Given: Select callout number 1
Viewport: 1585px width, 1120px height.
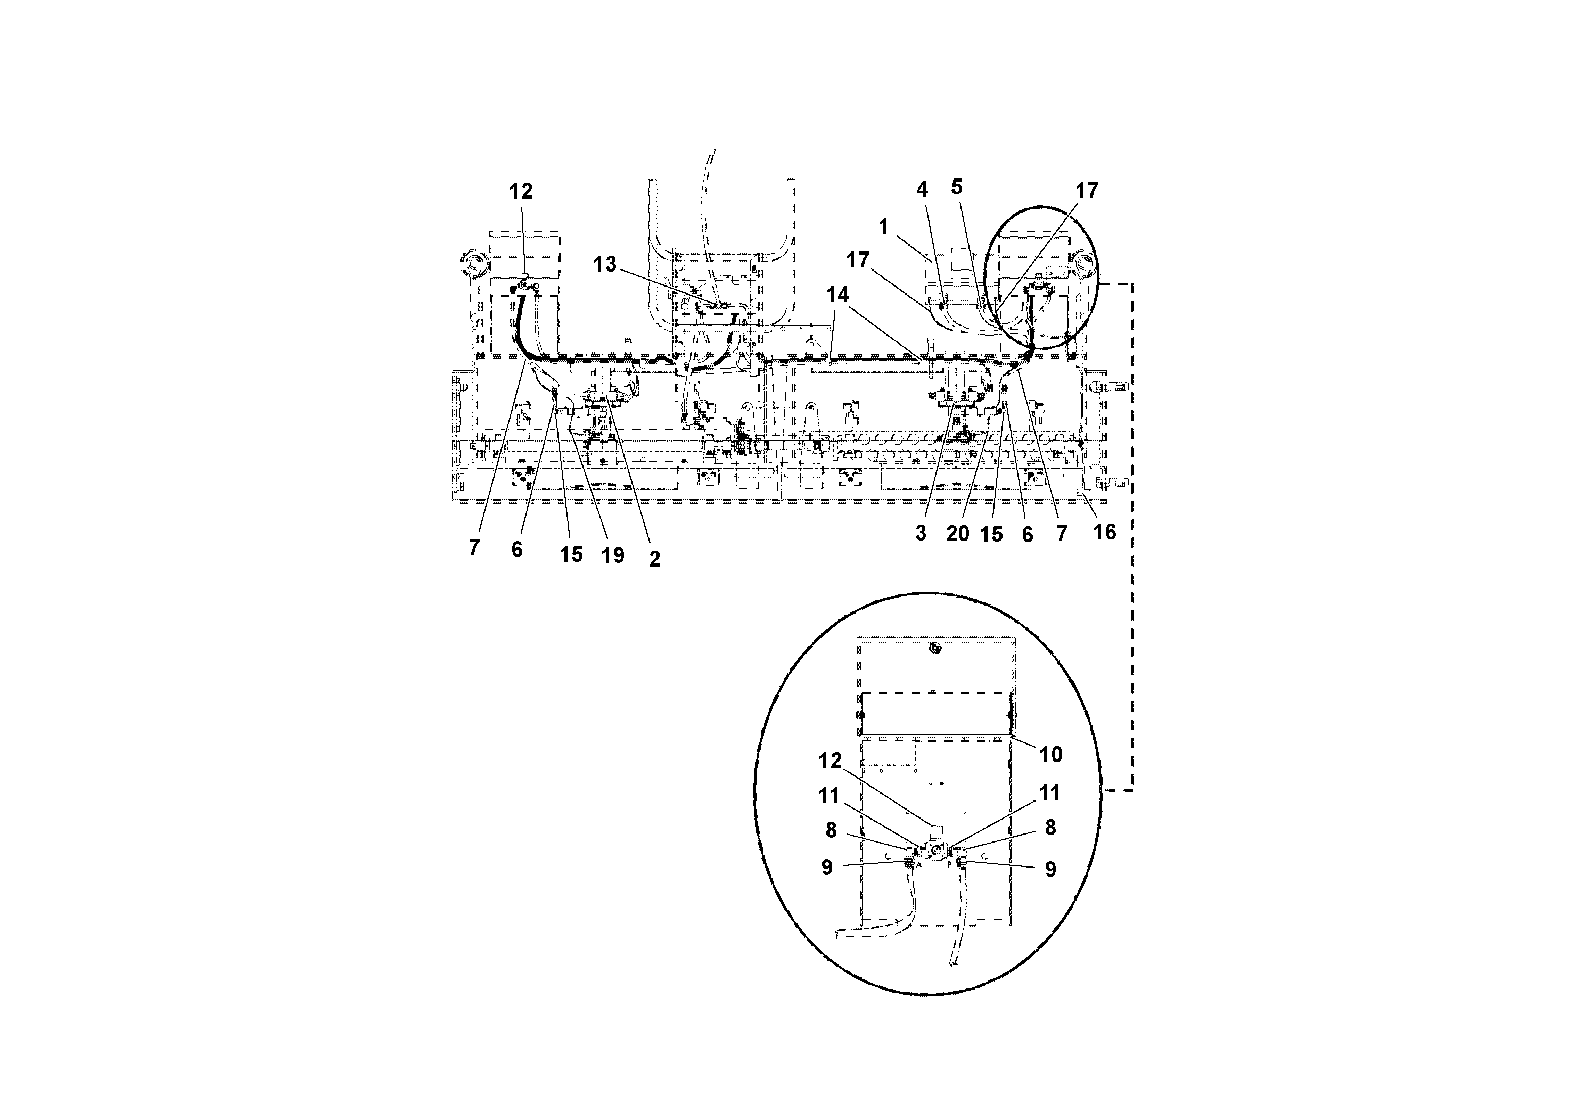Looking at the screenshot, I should (x=884, y=226).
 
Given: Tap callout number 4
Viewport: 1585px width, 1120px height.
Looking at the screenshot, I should (x=922, y=189).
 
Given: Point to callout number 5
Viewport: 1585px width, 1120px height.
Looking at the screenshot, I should (x=957, y=187).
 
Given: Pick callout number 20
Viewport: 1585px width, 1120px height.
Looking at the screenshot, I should (x=957, y=534).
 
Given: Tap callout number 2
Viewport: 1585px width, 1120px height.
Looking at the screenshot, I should (x=654, y=559).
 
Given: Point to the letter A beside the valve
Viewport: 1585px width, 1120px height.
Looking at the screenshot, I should (x=919, y=864).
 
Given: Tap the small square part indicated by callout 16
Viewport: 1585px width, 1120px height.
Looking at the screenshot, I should (x=1082, y=493).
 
